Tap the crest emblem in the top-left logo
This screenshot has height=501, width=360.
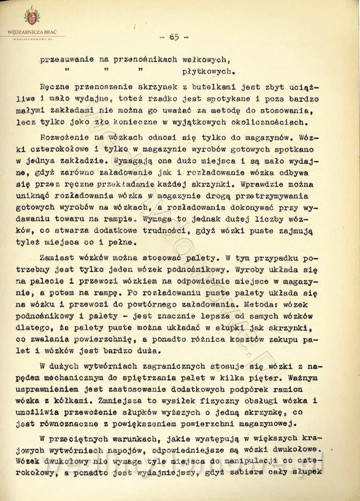[x=31, y=17]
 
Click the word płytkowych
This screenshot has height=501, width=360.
[x=208, y=71]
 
